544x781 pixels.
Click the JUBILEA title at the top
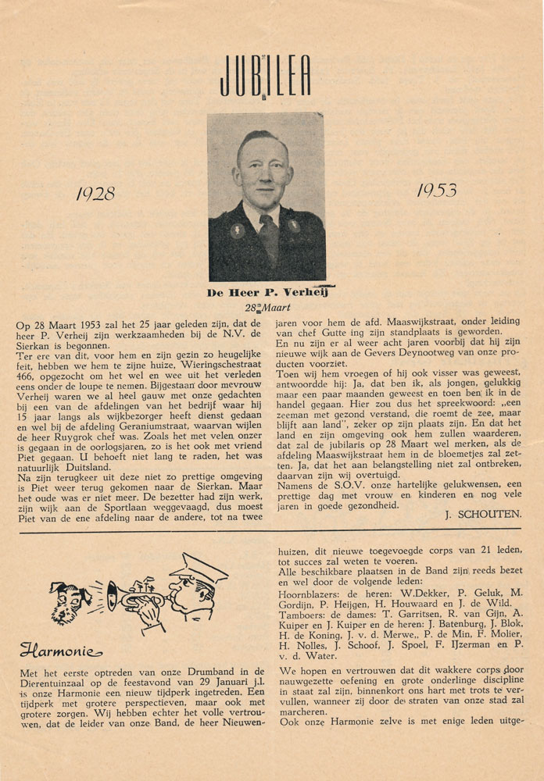click(265, 76)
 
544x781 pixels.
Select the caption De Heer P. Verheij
click(266, 293)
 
